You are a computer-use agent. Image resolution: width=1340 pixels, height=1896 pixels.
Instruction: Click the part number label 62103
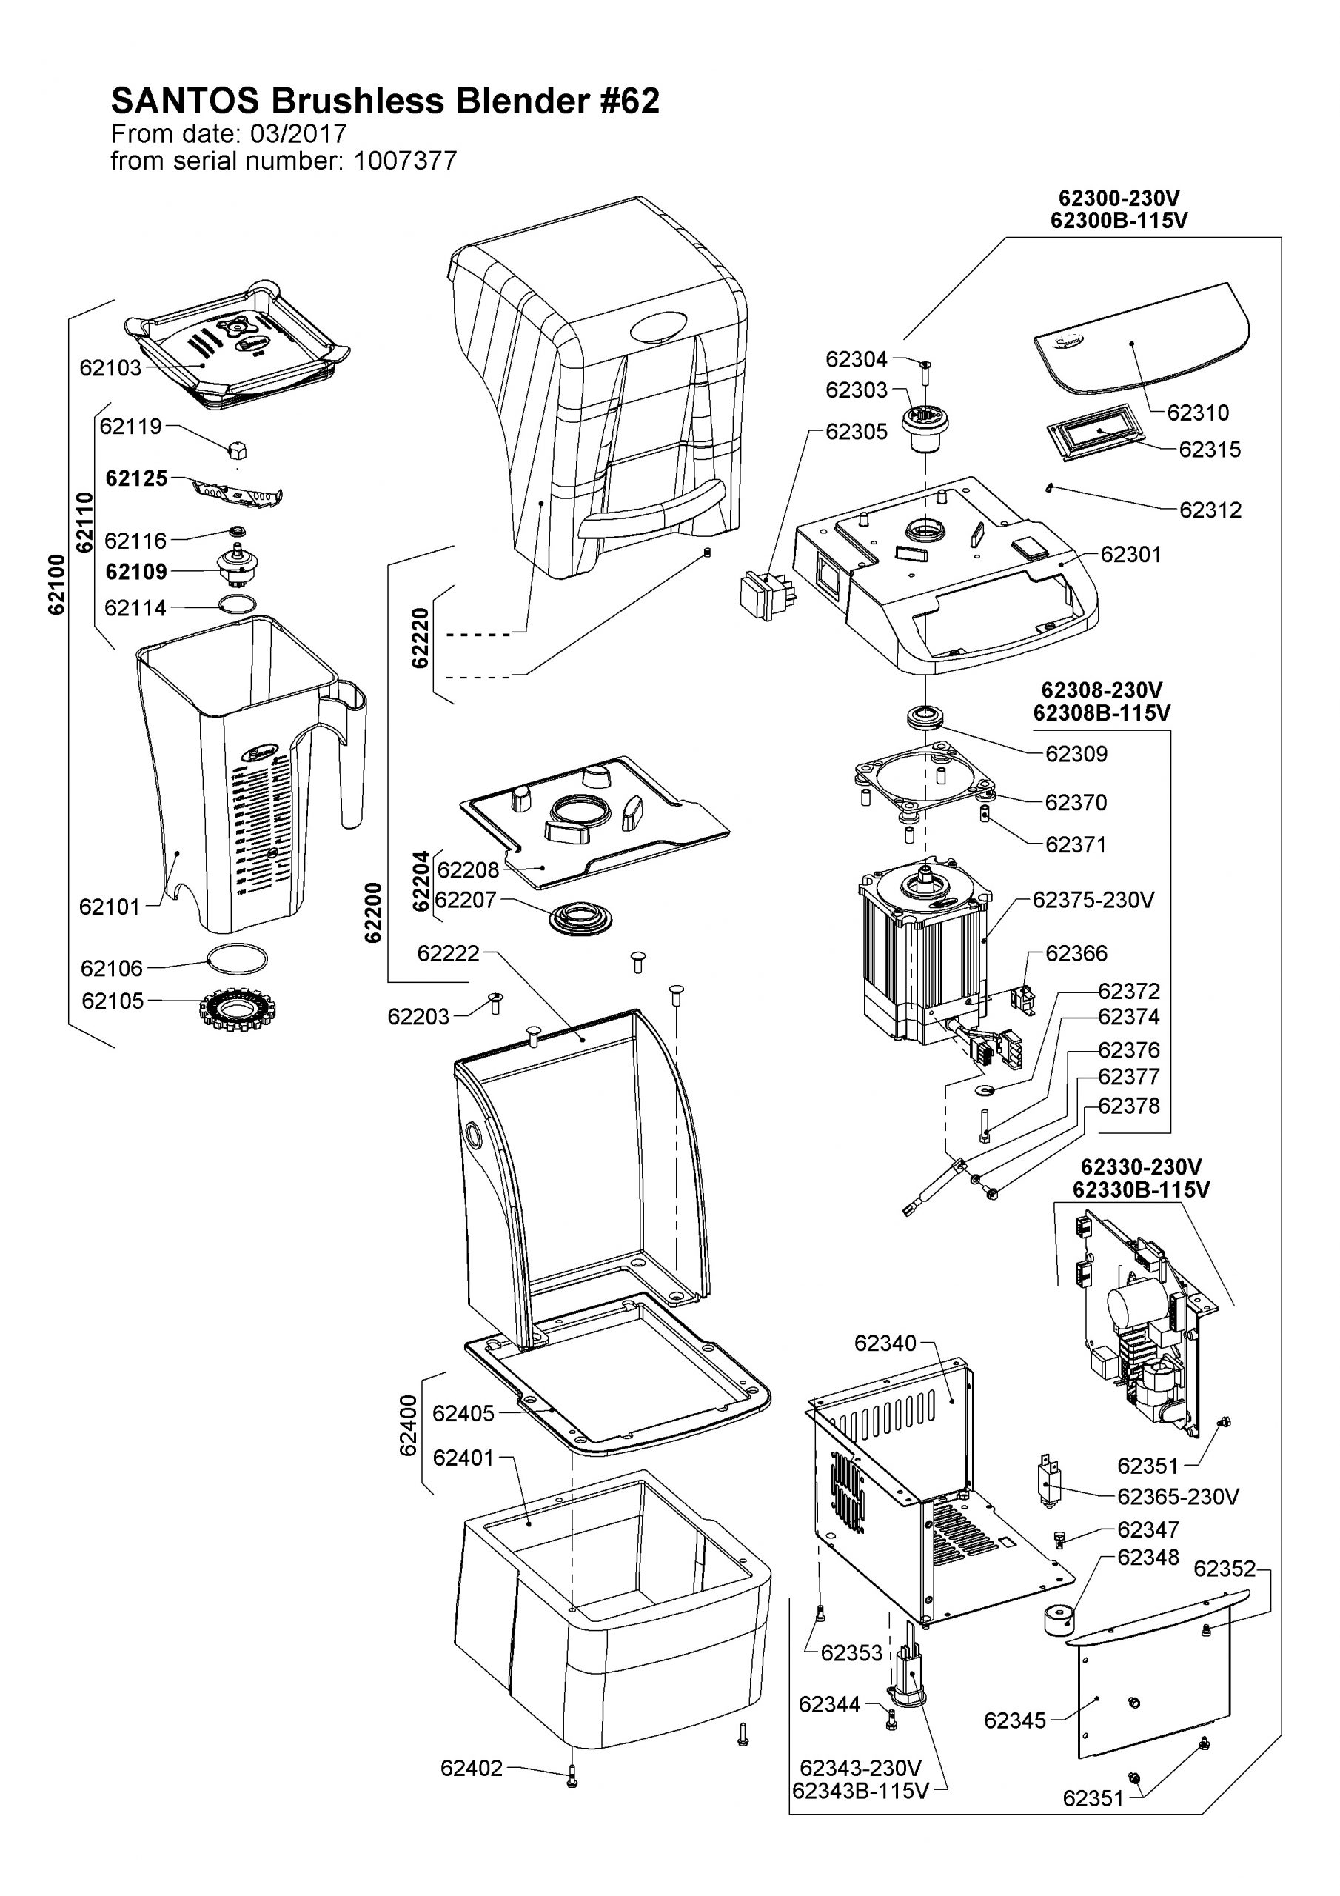click(x=110, y=368)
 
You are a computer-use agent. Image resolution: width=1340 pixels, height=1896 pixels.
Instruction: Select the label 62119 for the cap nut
click(x=130, y=426)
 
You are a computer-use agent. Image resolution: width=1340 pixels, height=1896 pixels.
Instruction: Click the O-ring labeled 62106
click(x=237, y=961)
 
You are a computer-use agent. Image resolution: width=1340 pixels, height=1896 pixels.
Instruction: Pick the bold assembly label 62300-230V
click(x=1119, y=199)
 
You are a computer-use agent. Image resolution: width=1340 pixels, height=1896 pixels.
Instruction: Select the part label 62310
click(x=1198, y=412)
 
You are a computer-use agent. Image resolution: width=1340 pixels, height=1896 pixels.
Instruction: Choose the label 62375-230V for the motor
click(x=1093, y=900)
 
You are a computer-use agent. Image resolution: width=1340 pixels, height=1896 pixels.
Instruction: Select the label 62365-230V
click(x=1178, y=1496)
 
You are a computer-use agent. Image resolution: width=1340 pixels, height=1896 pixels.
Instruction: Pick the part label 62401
click(x=463, y=1458)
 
